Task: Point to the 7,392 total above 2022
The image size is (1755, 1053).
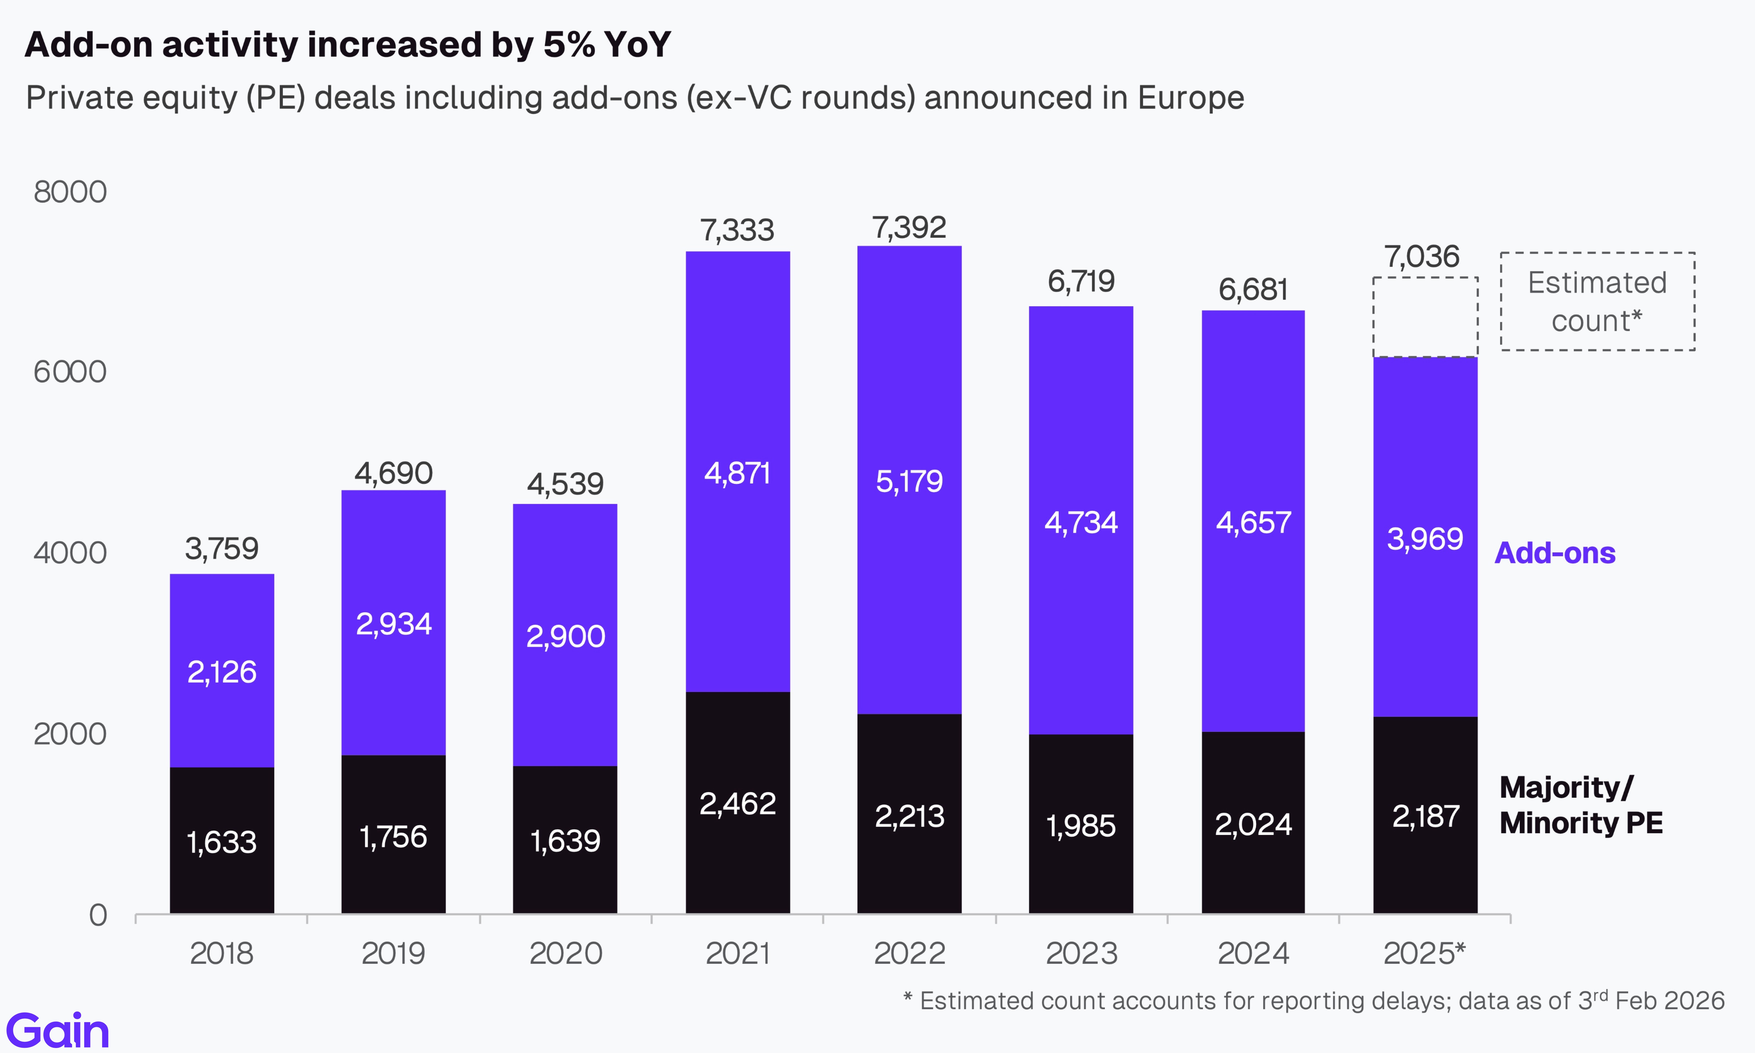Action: point(909,228)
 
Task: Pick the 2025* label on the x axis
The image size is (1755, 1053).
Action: point(1424,953)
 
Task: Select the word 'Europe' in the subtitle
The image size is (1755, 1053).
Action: point(1190,98)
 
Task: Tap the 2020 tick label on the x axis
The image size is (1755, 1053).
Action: point(565,953)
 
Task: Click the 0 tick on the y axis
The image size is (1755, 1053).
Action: point(98,915)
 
